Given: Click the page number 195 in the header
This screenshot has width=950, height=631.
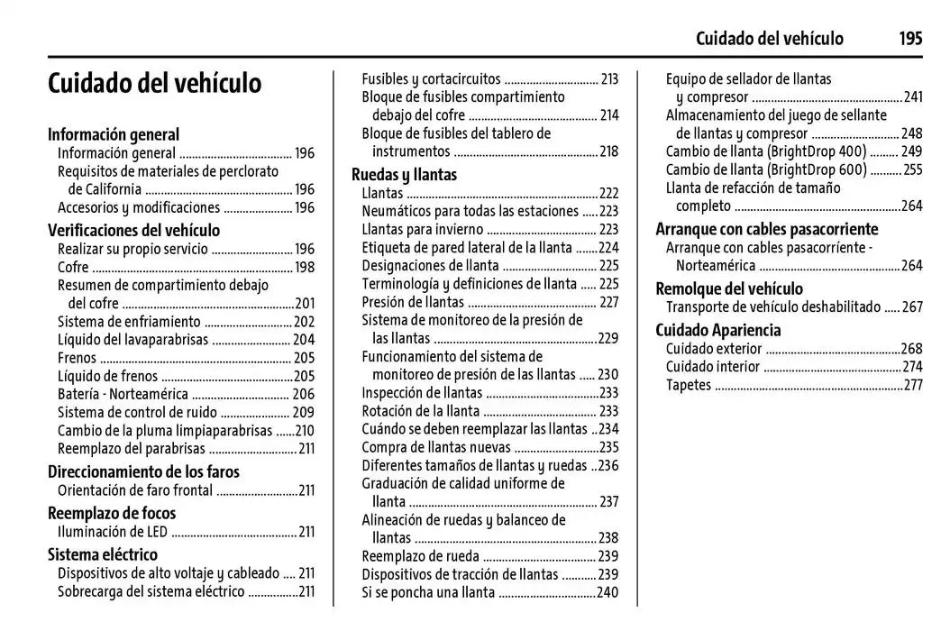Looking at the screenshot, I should click(x=909, y=38).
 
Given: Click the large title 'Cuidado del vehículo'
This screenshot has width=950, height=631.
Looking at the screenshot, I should click(x=154, y=83).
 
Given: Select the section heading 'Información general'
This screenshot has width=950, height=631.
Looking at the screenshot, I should click(x=114, y=134).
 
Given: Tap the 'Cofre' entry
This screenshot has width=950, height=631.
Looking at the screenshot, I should click(x=73, y=267).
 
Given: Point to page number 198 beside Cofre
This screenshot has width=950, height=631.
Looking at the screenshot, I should click(x=305, y=267).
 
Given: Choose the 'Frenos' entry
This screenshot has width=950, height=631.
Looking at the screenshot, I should click(x=77, y=358).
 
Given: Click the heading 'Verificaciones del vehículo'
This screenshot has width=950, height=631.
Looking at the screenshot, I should click(x=133, y=230).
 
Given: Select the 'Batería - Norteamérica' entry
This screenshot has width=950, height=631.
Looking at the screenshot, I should click(x=123, y=394).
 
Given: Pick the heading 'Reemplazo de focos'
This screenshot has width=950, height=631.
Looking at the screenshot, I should click(x=112, y=513).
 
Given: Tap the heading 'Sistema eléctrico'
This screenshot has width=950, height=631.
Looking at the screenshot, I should click(x=102, y=554).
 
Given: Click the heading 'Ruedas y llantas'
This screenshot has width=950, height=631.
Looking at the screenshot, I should click(x=404, y=174).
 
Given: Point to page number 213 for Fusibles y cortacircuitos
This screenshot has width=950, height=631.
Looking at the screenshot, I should click(x=609, y=78).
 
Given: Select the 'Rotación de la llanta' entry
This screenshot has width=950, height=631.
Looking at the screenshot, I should click(x=421, y=411).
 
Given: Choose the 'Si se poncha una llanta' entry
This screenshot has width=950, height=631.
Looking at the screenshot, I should click(x=428, y=592).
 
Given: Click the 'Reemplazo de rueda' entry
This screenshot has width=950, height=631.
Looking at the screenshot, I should click(x=420, y=556).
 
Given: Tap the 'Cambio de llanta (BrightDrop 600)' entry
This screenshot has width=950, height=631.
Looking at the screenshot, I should click(x=766, y=169).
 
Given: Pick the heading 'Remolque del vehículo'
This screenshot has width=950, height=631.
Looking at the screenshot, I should click(x=729, y=288).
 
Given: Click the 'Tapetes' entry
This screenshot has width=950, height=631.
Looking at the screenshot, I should click(x=689, y=385).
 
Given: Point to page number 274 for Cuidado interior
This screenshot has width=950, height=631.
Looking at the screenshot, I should click(x=912, y=367).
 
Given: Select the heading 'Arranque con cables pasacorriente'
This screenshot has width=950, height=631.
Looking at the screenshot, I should click(x=766, y=229).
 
